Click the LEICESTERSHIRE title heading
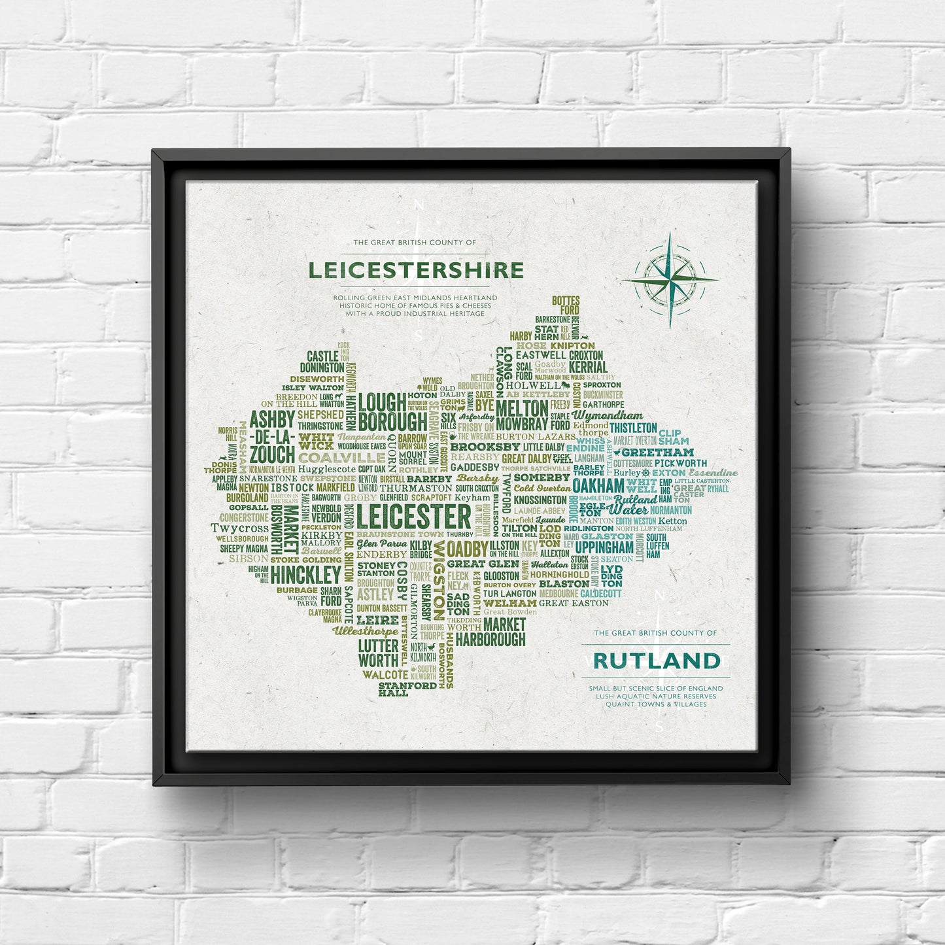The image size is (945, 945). click(x=416, y=270)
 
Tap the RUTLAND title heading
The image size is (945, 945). click(x=656, y=661)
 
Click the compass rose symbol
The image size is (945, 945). click(x=670, y=279)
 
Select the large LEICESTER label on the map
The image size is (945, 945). click(x=414, y=517)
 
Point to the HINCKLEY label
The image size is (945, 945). click(x=306, y=575)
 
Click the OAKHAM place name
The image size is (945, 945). click(x=598, y=486)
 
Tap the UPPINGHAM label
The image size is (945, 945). click(x=604, y=547)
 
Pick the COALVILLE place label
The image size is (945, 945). click(x=342, y=458)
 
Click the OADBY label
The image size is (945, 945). click(x=467, y=549)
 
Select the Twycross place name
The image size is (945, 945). click(x=239, y=528)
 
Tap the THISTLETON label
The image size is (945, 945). click(x=633, y=428)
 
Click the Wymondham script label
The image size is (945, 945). click(x=608, y=415)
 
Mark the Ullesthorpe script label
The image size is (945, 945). click(x=365, y=632)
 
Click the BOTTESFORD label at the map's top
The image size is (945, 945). click(x=566, y=305)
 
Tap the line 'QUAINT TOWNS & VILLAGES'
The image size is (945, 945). click(x=655, y=704)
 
